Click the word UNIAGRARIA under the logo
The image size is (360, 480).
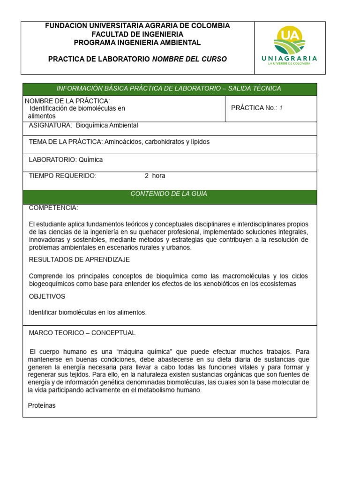tap(289, 59)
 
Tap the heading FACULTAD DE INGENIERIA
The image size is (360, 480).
tap(137, 34)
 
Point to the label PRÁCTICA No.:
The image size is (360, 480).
tap(254, 108)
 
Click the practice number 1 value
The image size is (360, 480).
tap(281, 108)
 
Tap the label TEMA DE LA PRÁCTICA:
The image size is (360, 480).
tap(66, 142)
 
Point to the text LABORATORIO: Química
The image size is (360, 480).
tap(66, 159)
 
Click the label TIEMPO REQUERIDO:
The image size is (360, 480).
tap(62, 176)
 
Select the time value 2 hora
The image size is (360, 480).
tap(155, 176)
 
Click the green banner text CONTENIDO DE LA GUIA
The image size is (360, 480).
tap(169, 194)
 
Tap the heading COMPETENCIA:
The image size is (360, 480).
tap(53, 208)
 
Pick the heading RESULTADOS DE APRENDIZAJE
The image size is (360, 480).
tap(79, 259)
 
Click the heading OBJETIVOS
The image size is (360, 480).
tap(47, 296)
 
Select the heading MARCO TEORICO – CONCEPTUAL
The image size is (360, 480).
tap(82, 333)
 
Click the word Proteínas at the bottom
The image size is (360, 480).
tap(42, 405)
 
